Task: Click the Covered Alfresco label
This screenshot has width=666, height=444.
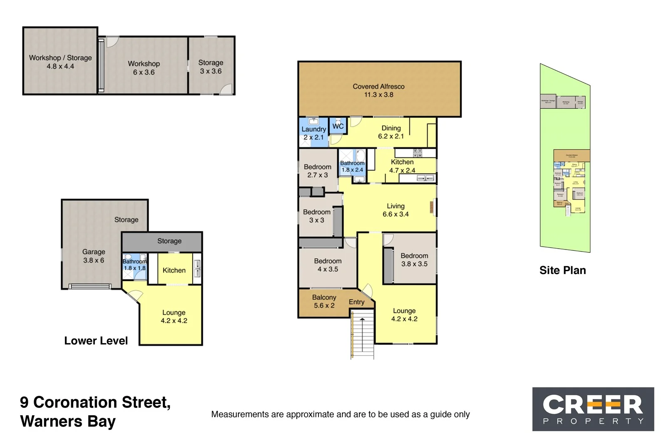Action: pos(378,90)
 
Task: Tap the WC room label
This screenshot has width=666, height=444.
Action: pos(338,126)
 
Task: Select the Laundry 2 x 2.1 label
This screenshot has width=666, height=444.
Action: pos(313,133)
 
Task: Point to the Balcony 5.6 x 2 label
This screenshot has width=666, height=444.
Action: pos(324,301)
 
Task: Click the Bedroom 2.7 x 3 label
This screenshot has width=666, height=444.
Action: pos(318,171)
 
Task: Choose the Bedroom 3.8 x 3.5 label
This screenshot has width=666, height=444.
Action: pos(414,259)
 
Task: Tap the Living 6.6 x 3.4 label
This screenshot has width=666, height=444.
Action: pos(395,210)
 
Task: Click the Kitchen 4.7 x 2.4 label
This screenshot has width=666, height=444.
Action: pos(402,166)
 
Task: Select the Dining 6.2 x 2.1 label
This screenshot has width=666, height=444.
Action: pos(391,132)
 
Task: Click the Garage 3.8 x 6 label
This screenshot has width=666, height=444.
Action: pos(94,256)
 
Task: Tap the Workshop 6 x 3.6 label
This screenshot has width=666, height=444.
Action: pos(144,67)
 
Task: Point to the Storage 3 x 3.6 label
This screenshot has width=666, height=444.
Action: pos(211,67)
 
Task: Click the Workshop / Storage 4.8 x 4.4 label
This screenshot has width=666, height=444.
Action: pos(60,62)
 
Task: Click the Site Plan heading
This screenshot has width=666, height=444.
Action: pos(562,270)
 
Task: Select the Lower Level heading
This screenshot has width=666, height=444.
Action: pos(96,341)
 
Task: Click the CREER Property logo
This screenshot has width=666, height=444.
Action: pos(593,409)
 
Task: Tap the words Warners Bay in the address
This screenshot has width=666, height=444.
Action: pos(67,421)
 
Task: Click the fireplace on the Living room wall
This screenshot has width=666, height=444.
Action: pos(432,207)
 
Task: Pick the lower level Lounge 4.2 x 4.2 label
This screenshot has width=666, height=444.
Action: pos(174,317)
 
